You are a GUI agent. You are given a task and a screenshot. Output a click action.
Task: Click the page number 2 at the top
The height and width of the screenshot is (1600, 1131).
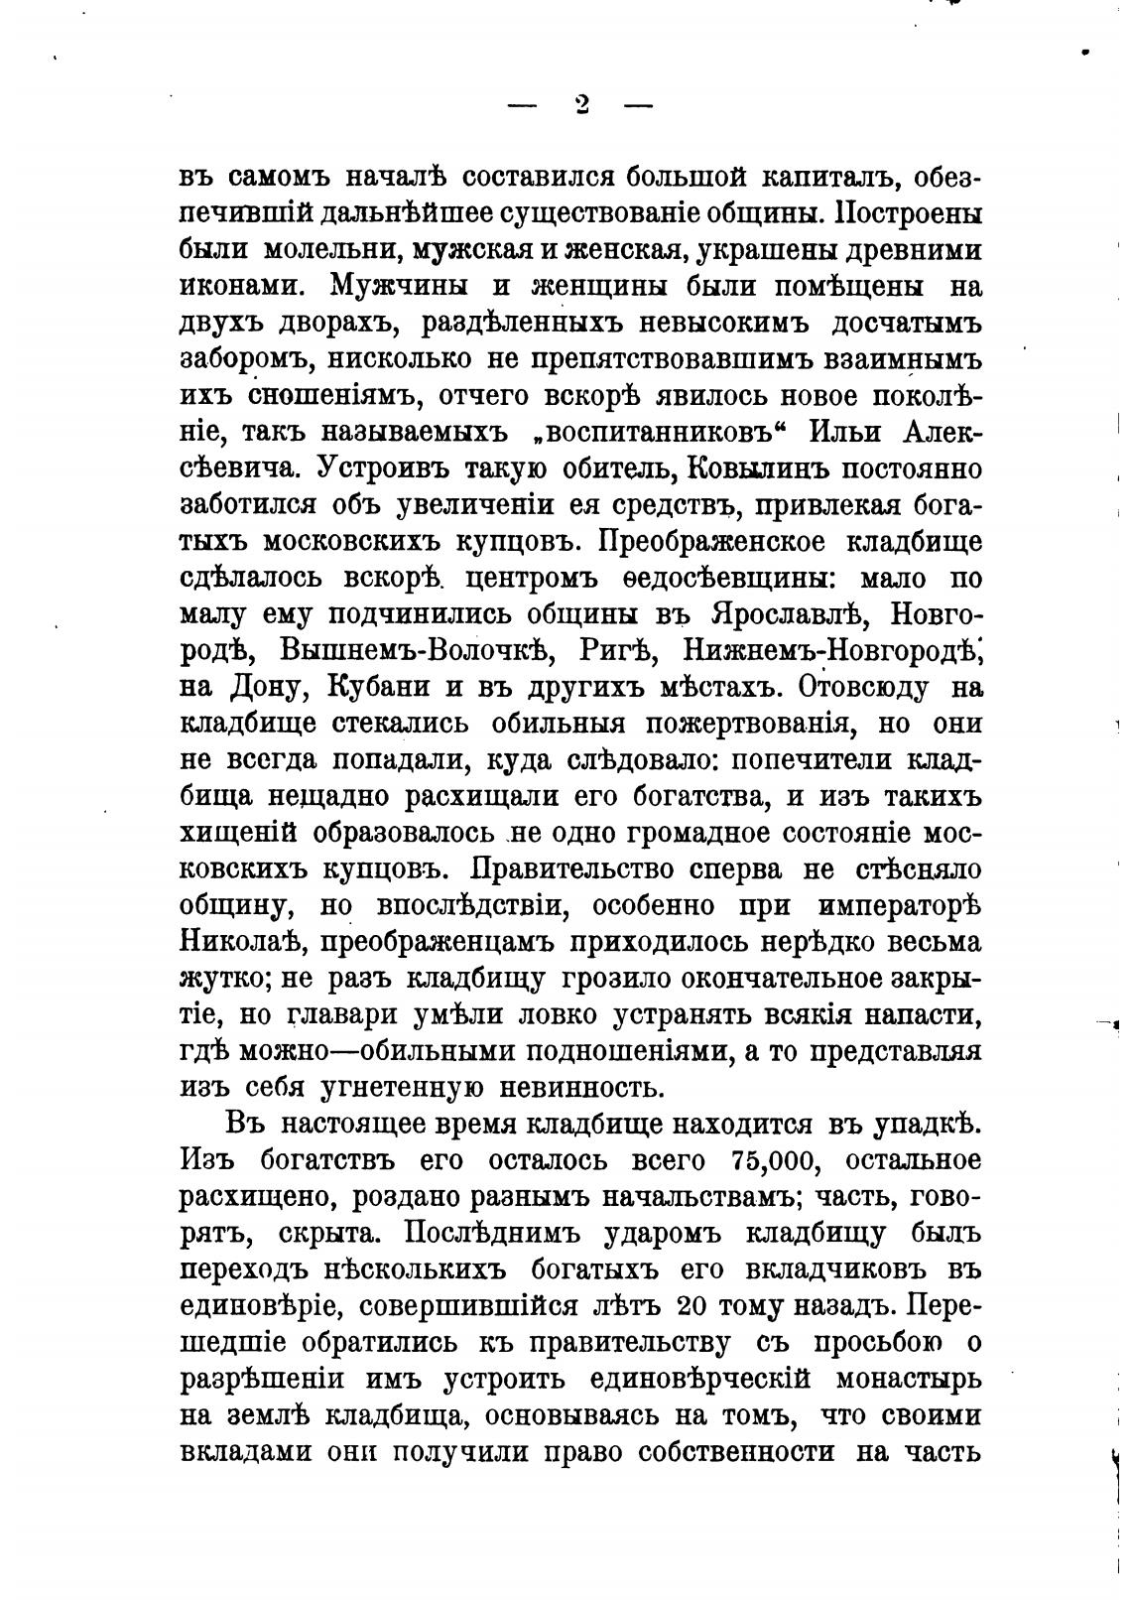(x=581, y=104)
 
